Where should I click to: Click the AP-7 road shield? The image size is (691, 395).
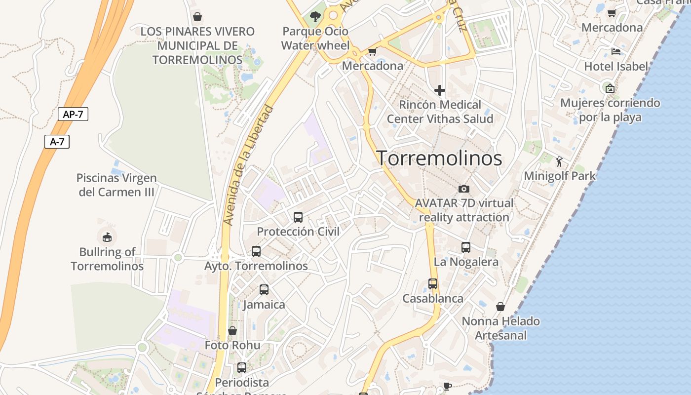(x=73, y=114)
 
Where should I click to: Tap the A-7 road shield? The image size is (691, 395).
(x=57, y=142)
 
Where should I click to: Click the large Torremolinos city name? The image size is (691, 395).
(x=440, y=158)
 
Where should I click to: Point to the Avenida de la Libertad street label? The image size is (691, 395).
(x=248, y=165)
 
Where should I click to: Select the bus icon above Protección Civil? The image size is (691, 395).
(x=298, y=217)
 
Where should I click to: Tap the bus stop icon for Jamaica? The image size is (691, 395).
(x=264, y=290)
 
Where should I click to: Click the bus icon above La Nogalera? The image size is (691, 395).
(x=466, y=247)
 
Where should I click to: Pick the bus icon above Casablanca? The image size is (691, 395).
(x=433, y=284)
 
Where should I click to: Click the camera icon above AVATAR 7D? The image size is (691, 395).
(x=463, y=189)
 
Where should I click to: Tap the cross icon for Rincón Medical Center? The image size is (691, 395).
(x=439, y=90)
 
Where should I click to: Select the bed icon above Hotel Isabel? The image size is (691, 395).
(x=615, y=51)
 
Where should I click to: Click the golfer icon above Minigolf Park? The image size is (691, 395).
(x=559, y=161)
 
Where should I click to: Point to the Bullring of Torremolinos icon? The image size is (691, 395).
(x=107, y=237)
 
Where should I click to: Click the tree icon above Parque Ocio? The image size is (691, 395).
(x=315, y=17)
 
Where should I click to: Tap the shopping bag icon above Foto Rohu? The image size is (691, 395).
(x=232, y=330)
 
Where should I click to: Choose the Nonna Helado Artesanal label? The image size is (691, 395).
(x=500, y=328)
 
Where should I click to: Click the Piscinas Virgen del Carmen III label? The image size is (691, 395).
(x=116, y=185)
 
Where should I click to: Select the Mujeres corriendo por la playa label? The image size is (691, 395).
(x=610, y=110)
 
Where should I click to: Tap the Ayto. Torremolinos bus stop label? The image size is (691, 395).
(x=256, y=266)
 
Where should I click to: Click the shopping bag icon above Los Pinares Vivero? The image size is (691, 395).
(x=197, y=17)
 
